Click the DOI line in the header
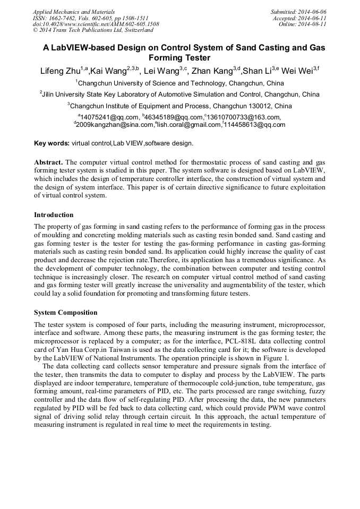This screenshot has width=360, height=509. coord(96,24)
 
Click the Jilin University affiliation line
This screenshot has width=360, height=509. coord(180,94)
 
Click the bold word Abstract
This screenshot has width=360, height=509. coord(48,161)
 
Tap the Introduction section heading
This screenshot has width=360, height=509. coord(54,215)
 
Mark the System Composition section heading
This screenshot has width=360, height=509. coord(65,312)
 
